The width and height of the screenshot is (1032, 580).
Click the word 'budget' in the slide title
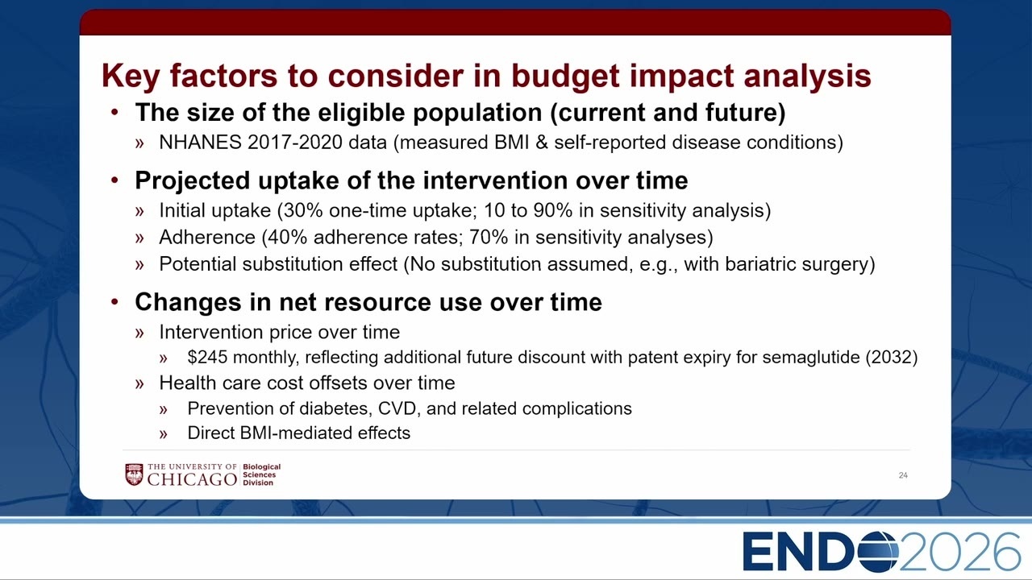(565, 77)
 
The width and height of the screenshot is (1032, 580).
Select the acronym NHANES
(201, 143)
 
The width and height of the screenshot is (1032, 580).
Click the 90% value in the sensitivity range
(553, 210)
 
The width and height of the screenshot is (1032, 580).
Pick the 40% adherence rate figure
(287, 237)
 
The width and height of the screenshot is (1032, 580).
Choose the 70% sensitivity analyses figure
(489, 237)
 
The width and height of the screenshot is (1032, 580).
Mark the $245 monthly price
(207, 357)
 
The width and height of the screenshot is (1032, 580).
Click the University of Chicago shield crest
(134, 474)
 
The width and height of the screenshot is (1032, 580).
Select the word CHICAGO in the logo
(192, 479)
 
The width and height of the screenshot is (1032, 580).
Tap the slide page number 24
(903, 475)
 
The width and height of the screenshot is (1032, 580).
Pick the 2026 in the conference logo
(959, 552)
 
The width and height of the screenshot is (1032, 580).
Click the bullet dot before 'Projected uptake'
(114, 180)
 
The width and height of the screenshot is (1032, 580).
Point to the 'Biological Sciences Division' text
(262, 474)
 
